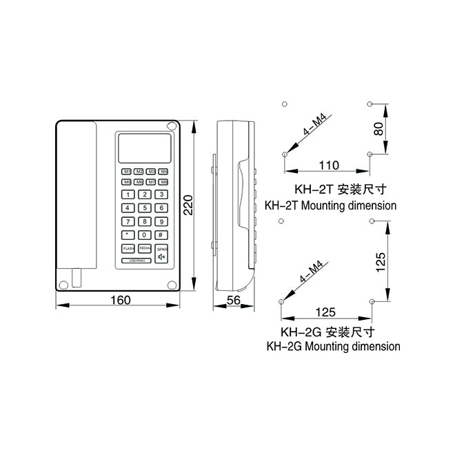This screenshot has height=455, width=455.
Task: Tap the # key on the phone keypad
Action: coord(161,234)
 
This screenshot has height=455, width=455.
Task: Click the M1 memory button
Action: coord(128,171)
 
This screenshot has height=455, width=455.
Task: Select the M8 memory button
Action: coord(163,181)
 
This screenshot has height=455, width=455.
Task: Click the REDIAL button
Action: coord(144,248)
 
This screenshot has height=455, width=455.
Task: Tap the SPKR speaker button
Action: coord(161,254)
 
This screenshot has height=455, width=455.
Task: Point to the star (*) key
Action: coord(128,234)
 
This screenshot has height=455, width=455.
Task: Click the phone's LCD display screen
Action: coord(145,147)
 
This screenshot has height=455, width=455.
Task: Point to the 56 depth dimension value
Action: coord(234,300)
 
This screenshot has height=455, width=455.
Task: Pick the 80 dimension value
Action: coord(378,128)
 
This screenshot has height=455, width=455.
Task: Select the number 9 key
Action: coord(161,221)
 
